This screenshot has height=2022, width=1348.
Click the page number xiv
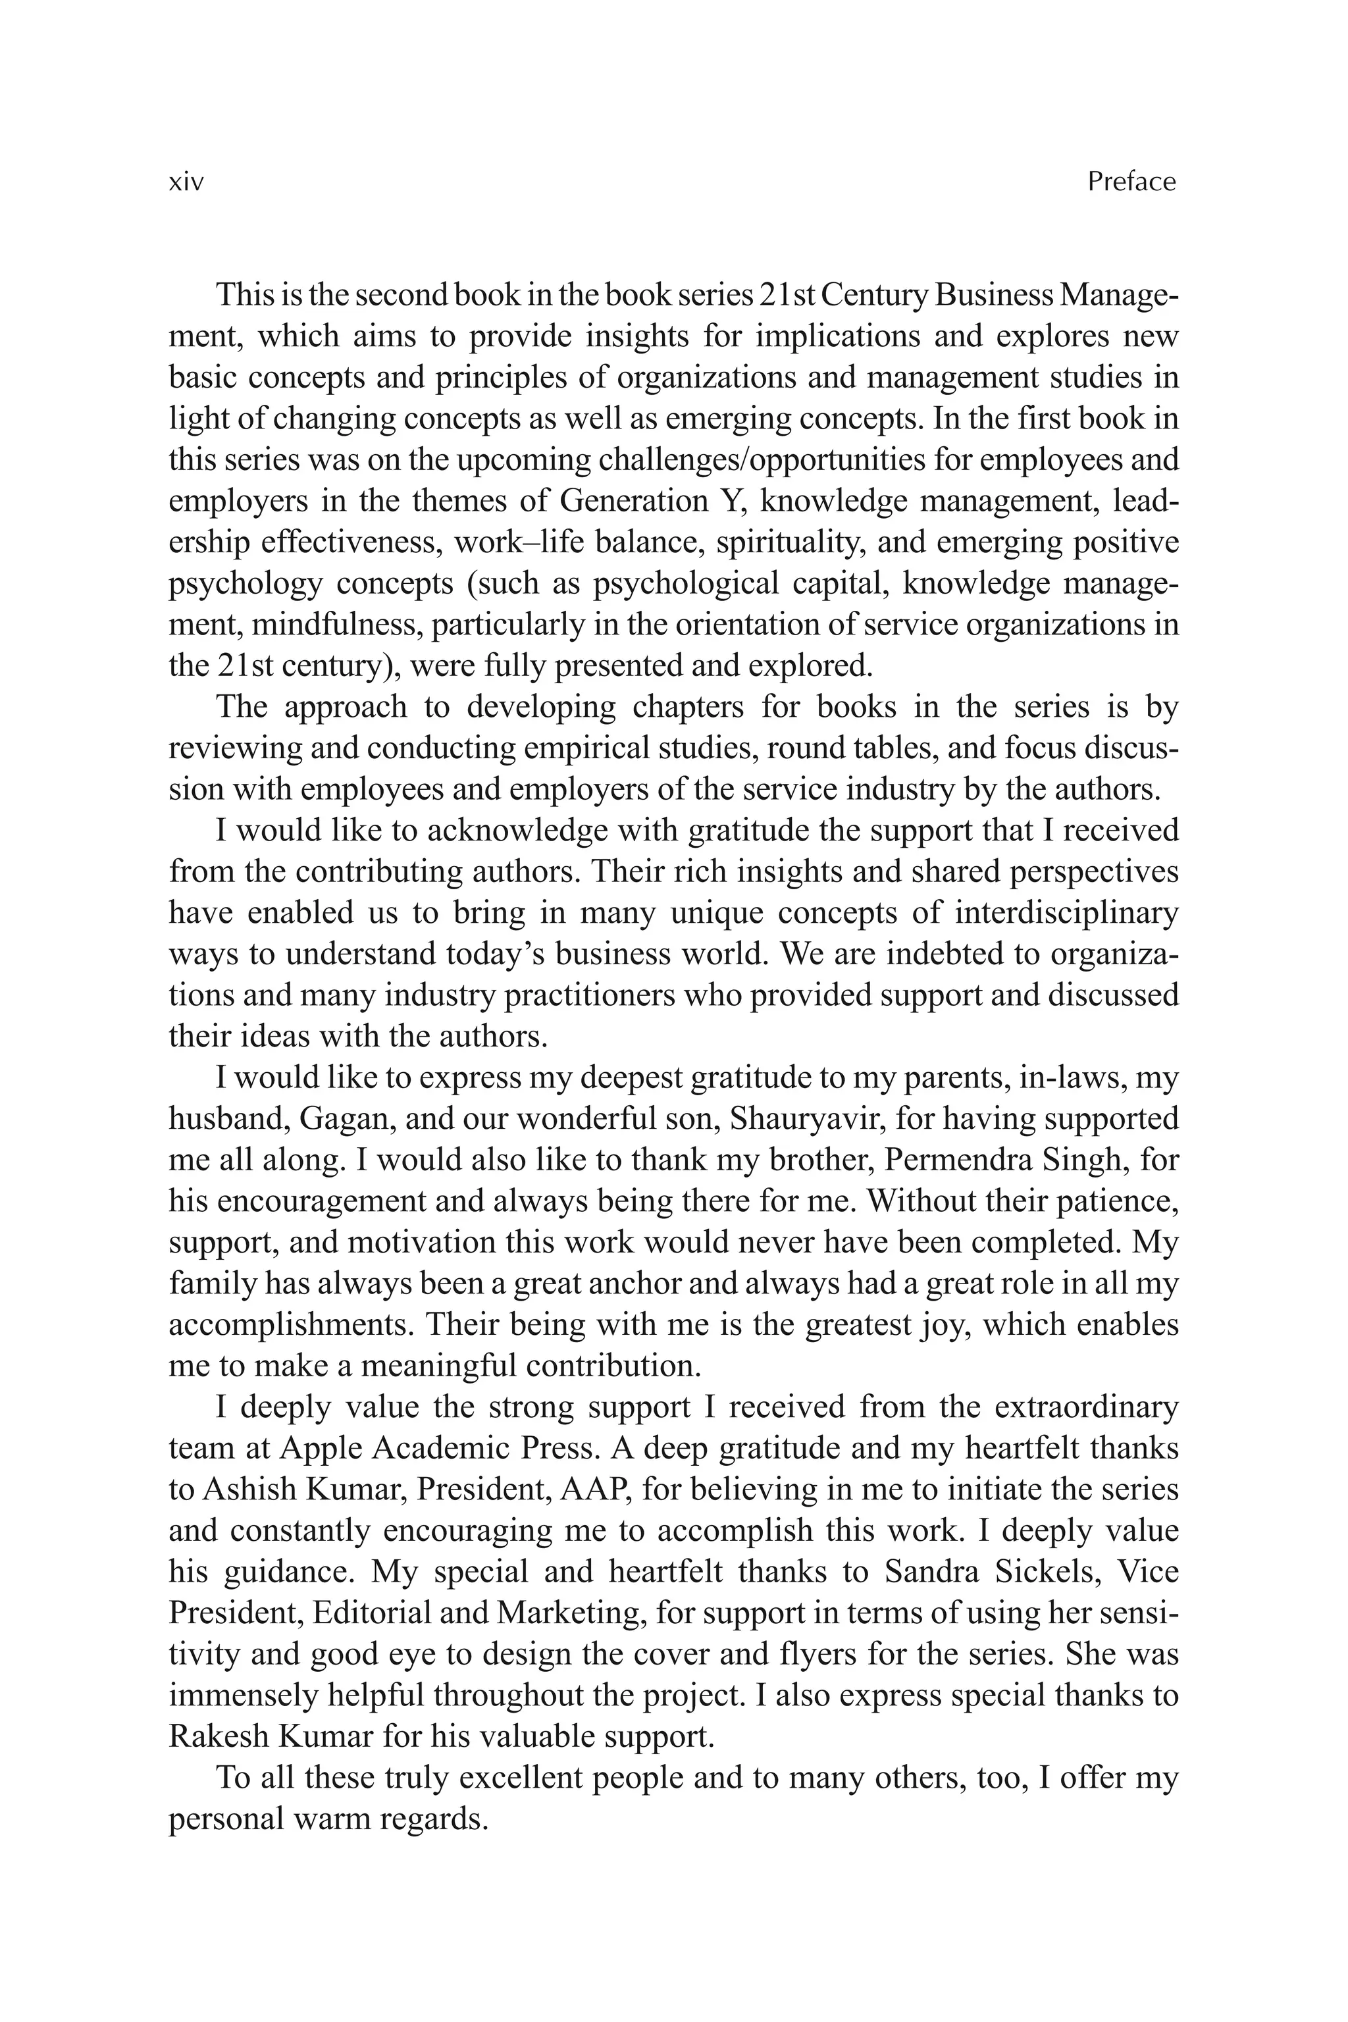[186, 182]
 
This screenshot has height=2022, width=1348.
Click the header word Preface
[1131, 182]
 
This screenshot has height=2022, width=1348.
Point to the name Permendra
[958, 1160]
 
